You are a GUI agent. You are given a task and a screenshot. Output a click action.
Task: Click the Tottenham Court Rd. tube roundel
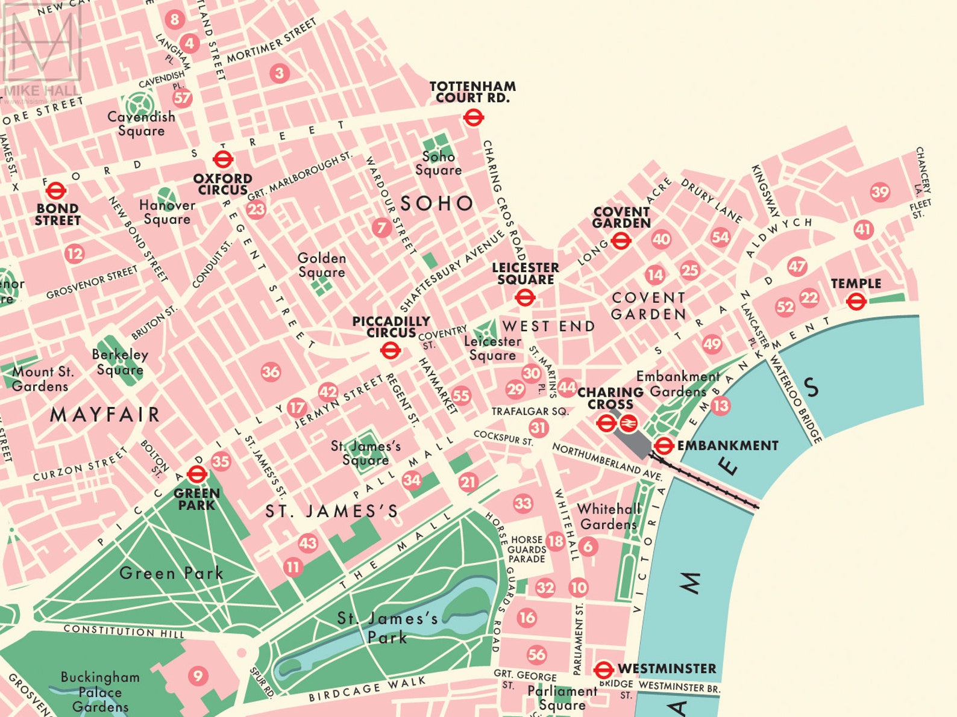coord(474,117)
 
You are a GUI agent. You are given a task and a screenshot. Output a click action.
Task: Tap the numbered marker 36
coord(271,372)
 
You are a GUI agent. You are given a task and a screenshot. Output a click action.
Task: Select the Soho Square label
coord(438,163)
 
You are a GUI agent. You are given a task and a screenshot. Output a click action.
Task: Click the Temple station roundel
coord(856,300)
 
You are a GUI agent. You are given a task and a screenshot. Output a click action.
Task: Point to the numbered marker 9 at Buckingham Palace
coord(197,675)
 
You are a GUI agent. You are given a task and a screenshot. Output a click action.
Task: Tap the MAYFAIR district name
coord(105,414)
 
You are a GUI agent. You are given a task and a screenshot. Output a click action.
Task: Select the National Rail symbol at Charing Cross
coord(628,423)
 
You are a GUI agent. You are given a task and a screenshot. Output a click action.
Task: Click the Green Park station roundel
coord(197,474)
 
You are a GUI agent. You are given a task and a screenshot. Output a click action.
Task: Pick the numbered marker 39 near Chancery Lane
coord(880,192)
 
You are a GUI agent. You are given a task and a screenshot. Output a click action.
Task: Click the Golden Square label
coord(322,265)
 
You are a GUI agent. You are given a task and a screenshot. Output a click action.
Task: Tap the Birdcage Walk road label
coord(367,690)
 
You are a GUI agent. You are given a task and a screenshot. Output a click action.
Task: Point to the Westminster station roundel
coord(603,669)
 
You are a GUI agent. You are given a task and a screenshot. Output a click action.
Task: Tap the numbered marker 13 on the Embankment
coord(720,406)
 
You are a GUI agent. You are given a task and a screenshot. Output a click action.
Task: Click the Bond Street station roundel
coord(56,191)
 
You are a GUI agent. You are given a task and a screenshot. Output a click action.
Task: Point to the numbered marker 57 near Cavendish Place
coord(181,98)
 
